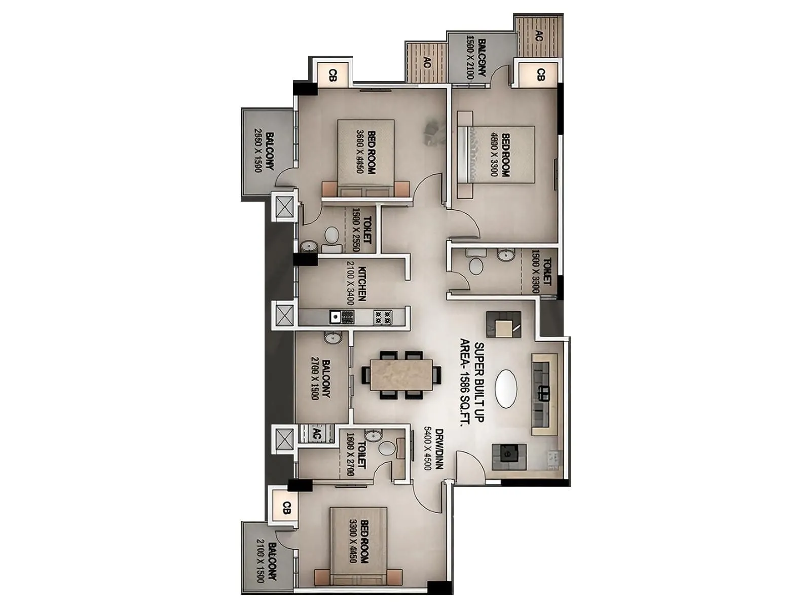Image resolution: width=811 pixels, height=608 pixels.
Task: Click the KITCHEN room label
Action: tap(355, 284)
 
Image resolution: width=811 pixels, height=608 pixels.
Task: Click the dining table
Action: tap(400, 375)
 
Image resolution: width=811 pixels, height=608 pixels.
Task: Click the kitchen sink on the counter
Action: tap(336, 317)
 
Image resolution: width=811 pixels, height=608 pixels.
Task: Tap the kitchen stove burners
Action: tap(383, 317)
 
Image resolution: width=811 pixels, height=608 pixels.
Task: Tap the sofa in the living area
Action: tap(544, 394)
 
